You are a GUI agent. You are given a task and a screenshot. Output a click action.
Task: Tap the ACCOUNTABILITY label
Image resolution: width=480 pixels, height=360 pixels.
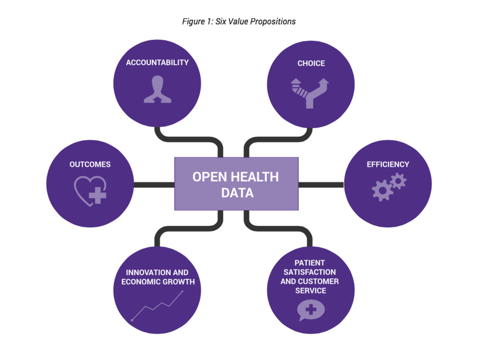click(157, 62)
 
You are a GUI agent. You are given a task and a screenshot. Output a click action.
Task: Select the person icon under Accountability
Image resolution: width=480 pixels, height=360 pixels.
click(157, 90)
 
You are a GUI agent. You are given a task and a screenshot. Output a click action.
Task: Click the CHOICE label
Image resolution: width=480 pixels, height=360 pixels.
click(311, 63)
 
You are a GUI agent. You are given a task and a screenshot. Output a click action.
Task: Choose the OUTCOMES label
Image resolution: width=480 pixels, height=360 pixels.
click(90, 165)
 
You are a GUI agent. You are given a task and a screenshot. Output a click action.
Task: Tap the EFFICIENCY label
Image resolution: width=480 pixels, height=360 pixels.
click(388, 165)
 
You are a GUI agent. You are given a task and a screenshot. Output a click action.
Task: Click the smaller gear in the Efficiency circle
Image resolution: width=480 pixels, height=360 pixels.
click(398, 180)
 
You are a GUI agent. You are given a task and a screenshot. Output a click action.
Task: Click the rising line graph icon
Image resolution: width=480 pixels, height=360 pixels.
click(157, 305)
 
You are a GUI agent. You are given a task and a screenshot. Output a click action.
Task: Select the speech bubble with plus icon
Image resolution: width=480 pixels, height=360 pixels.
click(311, 310)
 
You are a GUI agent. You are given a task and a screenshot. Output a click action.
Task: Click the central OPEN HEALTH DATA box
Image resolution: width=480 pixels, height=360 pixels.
click(236, 184)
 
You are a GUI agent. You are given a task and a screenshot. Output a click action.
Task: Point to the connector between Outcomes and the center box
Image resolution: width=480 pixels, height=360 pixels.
click(154, 185)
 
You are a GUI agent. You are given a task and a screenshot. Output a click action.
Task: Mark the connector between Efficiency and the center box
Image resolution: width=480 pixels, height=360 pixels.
click(321, 185)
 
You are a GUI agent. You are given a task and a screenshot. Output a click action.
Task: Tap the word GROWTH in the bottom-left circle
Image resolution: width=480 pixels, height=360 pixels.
click(177, 282)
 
